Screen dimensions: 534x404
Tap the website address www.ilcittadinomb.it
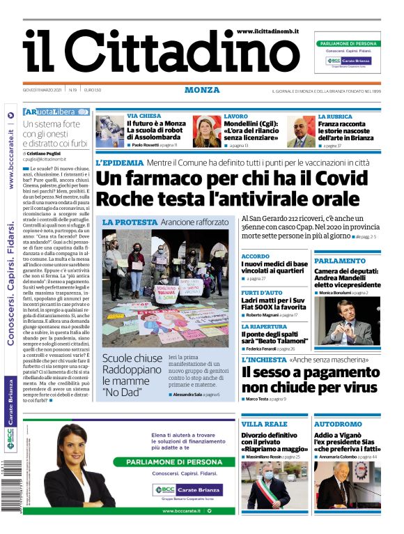(x=268, y=31)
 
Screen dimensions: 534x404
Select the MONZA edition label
(x=202, y=90)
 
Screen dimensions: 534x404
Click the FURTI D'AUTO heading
(x=263, y=292)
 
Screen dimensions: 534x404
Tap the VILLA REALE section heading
(x=264, y=424)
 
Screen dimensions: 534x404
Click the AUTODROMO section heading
(x=338, y=424)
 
